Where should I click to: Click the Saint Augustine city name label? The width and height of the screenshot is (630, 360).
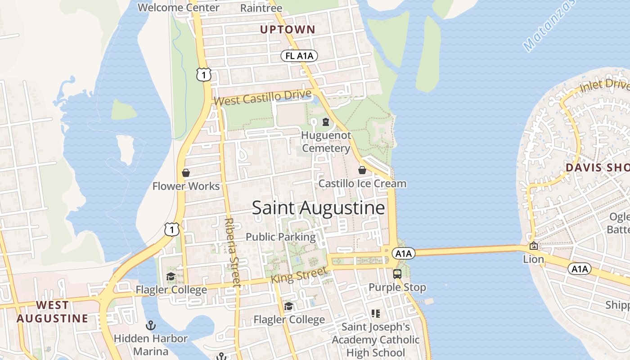[x=318, y=208]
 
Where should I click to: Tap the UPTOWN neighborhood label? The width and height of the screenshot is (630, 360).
[x=288, y=30]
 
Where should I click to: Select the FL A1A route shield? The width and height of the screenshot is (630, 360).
[x=299, y=56]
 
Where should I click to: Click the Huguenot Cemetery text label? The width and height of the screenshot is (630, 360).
[x=326, y=142]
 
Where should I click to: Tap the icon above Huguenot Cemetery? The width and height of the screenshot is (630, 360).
[x=326, y=122]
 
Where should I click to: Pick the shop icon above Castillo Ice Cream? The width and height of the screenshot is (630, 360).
[x=362, y=170]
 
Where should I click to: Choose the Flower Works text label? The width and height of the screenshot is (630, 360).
[x=186, y=186]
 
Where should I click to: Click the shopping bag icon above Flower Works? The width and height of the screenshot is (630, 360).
[x=185, y=173]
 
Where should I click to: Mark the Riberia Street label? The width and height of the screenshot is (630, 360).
[x=232, y=252]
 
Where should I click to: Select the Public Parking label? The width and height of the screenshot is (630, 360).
[x=280, y=237]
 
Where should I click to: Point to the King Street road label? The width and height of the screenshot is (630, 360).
[x=299, y=275]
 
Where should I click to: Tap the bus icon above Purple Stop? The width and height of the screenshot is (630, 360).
[x=397, y=274]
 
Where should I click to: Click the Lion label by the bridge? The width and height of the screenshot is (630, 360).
[x=533, y=259]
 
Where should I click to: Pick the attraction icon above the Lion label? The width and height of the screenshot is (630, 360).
[x=533, y=246]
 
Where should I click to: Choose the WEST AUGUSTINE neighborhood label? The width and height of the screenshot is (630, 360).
[x=53, y=311]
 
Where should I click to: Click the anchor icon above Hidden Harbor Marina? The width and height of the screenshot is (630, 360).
[x=151, y=325]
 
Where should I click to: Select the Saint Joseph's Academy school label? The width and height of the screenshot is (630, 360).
[x=376, y=340]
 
